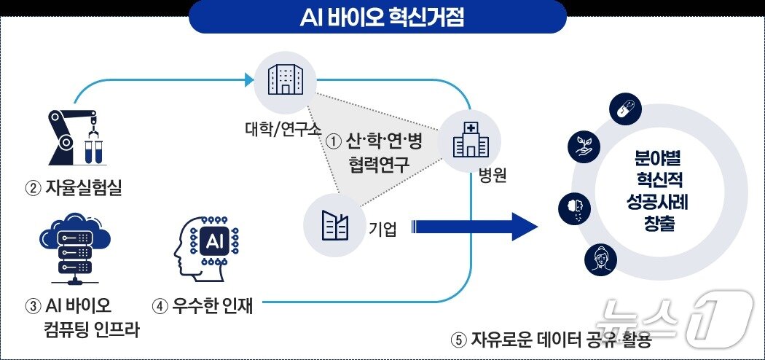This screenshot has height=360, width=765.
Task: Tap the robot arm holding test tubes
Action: (73, 138)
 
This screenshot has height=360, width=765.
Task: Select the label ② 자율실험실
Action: (74, 190)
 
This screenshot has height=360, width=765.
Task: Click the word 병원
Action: (493, 176)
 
